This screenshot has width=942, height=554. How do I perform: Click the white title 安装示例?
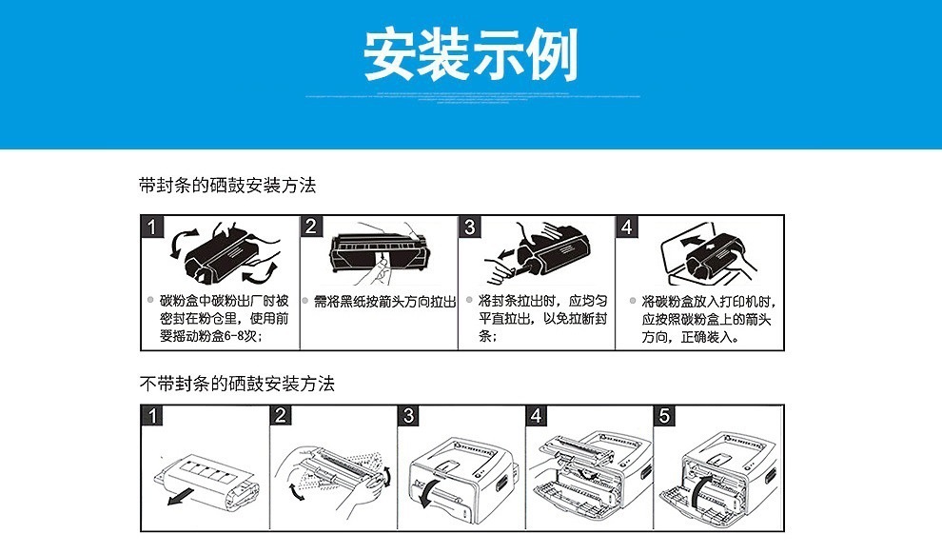tap(471, 55)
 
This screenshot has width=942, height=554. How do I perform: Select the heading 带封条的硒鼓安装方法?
tap(226, 186)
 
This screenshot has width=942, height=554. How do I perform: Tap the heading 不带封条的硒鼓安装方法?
tap(237, 385)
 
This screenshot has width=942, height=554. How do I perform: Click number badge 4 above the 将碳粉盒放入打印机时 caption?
tap(626, 227)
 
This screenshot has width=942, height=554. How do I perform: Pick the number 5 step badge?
tap(665, 415)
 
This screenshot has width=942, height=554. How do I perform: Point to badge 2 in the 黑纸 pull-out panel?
tap(311, 227)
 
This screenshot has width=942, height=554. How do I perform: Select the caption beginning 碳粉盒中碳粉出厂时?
tap(224, 318)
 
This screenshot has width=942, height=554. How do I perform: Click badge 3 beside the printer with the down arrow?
tap(408, 415)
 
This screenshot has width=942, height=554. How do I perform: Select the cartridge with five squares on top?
tap(207, 472)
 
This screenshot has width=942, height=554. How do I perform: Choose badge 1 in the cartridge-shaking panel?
tap(151, 227)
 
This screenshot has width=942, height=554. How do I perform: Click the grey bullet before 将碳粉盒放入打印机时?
tap(632, 301)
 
